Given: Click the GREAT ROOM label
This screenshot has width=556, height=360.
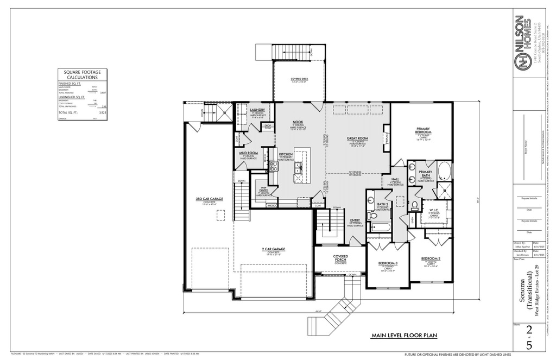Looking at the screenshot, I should tap(357, 138).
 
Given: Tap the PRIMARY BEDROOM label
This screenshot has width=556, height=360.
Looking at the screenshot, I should tap(424, 130).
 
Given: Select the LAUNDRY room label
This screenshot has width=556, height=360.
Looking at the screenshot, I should tap(257, 110).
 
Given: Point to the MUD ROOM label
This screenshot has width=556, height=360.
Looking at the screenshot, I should tap(248, 153).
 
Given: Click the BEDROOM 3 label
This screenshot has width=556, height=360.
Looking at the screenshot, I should tap(388, 263).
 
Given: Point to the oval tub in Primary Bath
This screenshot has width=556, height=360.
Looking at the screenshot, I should tap(444, 171).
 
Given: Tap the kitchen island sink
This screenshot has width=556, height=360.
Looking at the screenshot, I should tap(298, 172).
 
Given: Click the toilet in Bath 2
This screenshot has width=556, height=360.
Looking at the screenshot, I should tap(372, 215).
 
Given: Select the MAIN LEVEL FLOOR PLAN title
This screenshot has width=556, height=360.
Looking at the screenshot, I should tap(404, 336).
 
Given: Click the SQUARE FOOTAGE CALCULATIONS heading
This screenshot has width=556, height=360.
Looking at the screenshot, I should tap(83, 75).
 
